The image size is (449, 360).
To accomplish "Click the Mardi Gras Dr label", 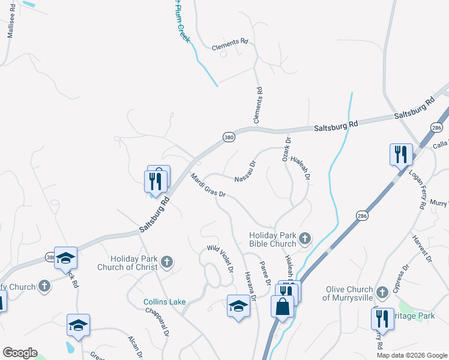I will [208, 185].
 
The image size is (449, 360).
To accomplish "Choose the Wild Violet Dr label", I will [220, 257].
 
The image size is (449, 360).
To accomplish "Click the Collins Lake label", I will [164, 302].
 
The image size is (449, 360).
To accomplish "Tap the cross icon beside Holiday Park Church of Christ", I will [167, 261].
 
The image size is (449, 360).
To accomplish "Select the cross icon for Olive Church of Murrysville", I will [381, 293].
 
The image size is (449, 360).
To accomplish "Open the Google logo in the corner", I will [20, 353].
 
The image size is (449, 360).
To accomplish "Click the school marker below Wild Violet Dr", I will [238, 306].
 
